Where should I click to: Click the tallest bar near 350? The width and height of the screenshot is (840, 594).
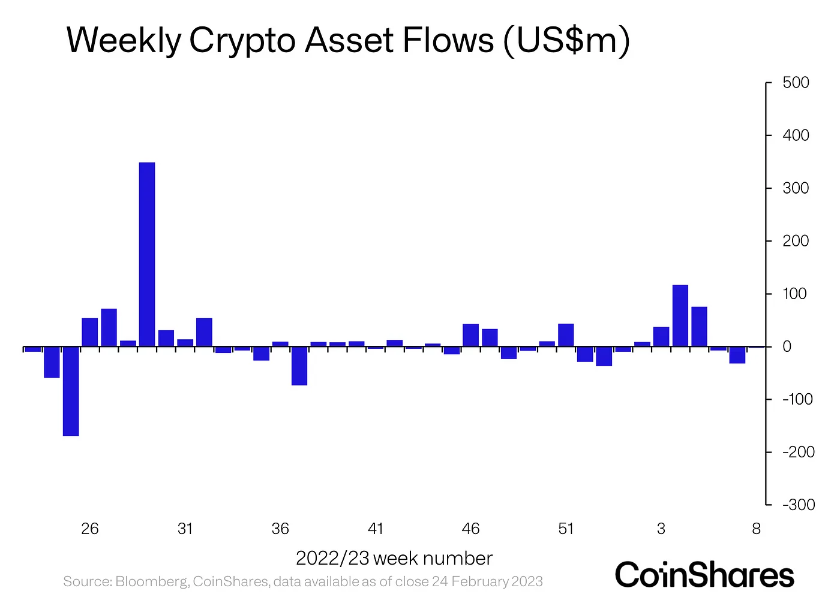(147, 254)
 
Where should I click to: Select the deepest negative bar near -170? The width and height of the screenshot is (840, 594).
(71, 391)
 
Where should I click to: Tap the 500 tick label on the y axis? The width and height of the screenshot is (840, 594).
(796, 83)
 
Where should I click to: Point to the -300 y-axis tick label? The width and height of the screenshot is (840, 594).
(798, 505)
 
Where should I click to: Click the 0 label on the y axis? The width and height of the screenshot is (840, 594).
(787, 346)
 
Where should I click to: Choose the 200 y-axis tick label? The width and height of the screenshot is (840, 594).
(796, 241)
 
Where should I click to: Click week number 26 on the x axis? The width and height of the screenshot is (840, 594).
(90, 529)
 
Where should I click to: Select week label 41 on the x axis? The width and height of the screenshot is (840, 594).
(376, 529)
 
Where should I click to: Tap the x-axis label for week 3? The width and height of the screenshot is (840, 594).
(661, 529)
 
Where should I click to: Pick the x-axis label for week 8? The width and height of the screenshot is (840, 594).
(756, 529)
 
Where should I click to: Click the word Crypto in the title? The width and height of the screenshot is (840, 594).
(244, 41)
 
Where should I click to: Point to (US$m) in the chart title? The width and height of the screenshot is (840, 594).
(566, 41)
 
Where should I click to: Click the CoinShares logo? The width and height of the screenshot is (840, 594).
(704, 574)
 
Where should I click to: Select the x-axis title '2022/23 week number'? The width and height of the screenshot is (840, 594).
(394, 559)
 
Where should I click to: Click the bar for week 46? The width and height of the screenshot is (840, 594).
(471, 335)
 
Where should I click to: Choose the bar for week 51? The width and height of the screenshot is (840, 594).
(566, 335)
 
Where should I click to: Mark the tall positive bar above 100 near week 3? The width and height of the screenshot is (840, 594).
(680, 316)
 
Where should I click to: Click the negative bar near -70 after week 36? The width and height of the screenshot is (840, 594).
(299, 366)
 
